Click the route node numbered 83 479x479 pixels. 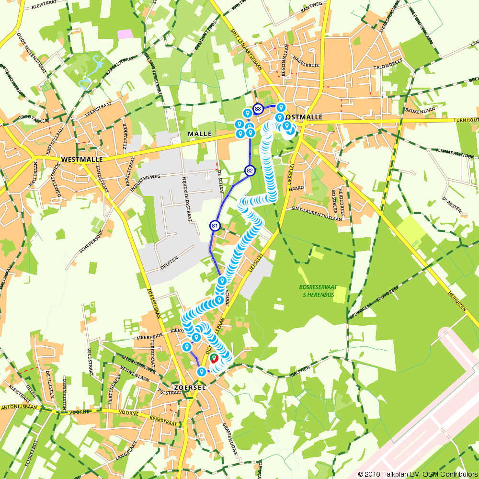(x=258, y=109)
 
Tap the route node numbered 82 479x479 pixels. (x=250, y=171)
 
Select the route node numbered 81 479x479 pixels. (x=215, y=226)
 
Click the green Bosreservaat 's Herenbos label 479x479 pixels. (x=318, y=290)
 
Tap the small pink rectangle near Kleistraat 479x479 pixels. (x=125, y=34)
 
